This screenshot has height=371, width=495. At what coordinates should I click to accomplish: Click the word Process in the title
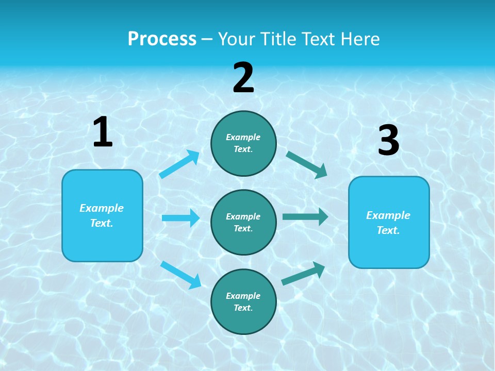162,39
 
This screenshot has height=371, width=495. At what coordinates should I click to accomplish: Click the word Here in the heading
360,39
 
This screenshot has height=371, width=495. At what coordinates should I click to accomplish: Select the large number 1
103,132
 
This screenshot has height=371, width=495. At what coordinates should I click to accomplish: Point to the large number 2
243,78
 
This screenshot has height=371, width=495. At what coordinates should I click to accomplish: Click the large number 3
388,140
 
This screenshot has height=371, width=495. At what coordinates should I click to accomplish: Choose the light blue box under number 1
102,215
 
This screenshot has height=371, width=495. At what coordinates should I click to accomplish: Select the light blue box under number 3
389,222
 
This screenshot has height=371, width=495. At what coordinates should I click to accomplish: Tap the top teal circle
243,143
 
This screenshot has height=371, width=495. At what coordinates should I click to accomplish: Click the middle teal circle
243,222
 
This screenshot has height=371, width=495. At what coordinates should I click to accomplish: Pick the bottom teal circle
243,301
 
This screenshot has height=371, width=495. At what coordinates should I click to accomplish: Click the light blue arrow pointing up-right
179,164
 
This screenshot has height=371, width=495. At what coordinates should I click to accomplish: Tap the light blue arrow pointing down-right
180,274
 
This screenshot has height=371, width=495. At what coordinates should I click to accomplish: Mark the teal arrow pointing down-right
307,164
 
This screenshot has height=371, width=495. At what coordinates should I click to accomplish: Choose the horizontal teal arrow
305,216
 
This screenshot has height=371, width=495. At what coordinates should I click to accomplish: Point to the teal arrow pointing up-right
303,273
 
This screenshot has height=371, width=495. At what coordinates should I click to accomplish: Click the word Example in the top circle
243,138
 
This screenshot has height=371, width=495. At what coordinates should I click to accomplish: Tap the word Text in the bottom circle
242,308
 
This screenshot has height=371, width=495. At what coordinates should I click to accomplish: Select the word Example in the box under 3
388,215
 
